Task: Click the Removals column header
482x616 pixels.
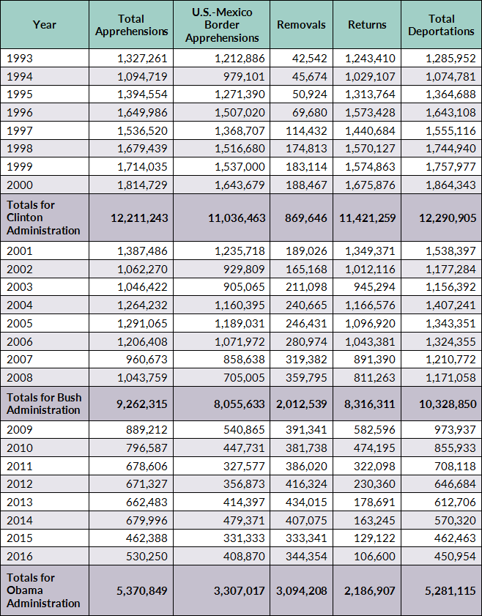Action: (x=301, y=25)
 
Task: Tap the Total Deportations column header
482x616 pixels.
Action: (x=441, y=25)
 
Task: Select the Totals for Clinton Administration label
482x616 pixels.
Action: (x=43, y=218)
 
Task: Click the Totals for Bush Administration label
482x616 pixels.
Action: (x=43, y=404)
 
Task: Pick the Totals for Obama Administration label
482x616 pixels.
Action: (x=43, y=590)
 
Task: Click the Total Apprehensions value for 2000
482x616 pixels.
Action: (x=142, y=185)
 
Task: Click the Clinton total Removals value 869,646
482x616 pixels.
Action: (x=301, y=218)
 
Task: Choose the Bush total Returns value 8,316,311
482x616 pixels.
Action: (x=367, y=404)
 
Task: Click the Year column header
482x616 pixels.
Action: (x=45, y=25)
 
